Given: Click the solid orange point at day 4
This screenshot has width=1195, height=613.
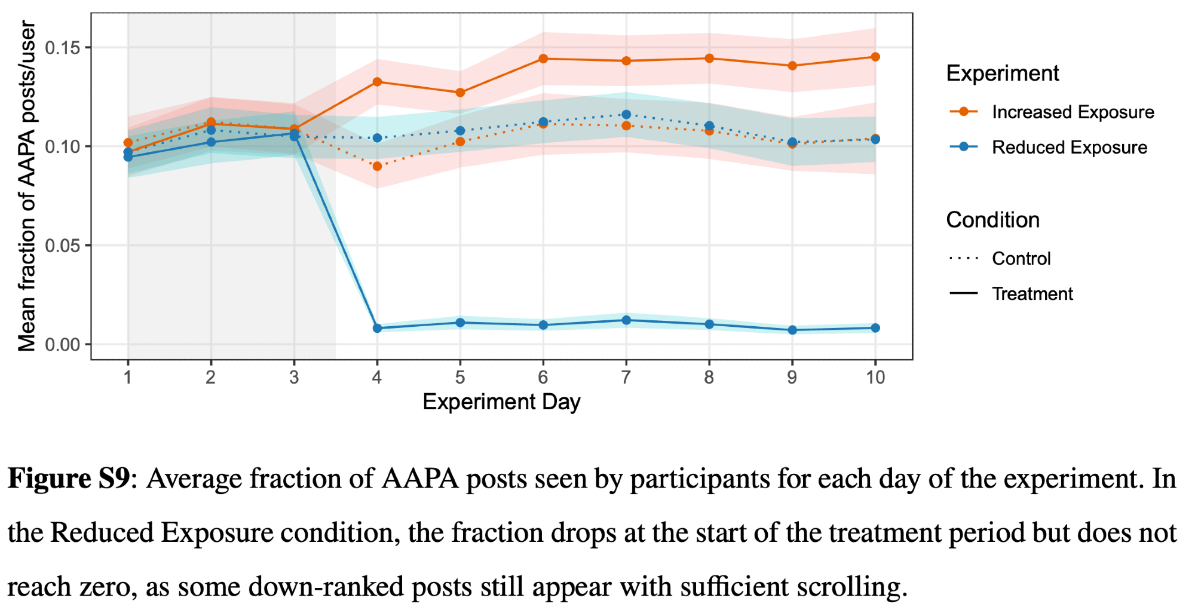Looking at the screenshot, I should click(x=377, y=82).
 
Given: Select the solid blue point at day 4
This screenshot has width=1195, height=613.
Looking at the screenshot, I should click(x=377, y=328).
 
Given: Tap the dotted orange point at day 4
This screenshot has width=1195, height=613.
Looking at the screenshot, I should click(x=377, y=166).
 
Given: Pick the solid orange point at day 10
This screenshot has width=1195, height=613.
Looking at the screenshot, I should click(x=875, y=57).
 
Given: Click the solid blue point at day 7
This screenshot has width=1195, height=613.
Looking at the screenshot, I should click(x=626, y=320).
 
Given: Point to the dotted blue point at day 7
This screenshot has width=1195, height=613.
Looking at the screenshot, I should click(x=626, y=114).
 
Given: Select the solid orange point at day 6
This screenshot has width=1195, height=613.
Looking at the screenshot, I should click(x=543, y=59).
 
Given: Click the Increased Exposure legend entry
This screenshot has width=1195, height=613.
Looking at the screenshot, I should click(x=1073, y=112).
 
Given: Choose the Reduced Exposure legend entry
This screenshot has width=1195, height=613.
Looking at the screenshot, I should click(x=1069, y=148).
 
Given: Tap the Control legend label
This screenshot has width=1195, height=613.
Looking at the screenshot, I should click(x=1021, y=259).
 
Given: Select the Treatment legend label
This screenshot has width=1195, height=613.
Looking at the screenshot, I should click(x=1032, y=294).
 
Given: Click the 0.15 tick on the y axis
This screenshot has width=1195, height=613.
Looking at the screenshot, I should click(x=63, y=48).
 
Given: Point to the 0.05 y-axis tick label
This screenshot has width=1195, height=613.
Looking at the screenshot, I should click(x=63, y=246).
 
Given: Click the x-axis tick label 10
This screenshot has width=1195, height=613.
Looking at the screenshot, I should click(x=875, y=377).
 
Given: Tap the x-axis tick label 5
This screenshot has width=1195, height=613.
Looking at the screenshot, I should click(x=460, y=377).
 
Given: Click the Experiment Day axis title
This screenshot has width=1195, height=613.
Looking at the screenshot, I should click(x=501, y=402).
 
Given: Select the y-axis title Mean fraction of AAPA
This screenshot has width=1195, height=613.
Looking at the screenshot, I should click(x=27, y=185).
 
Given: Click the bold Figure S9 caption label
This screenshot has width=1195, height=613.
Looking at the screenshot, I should click(x=68, y=479).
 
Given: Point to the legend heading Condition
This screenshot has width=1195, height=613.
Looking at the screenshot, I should click(x=992, y=220).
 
